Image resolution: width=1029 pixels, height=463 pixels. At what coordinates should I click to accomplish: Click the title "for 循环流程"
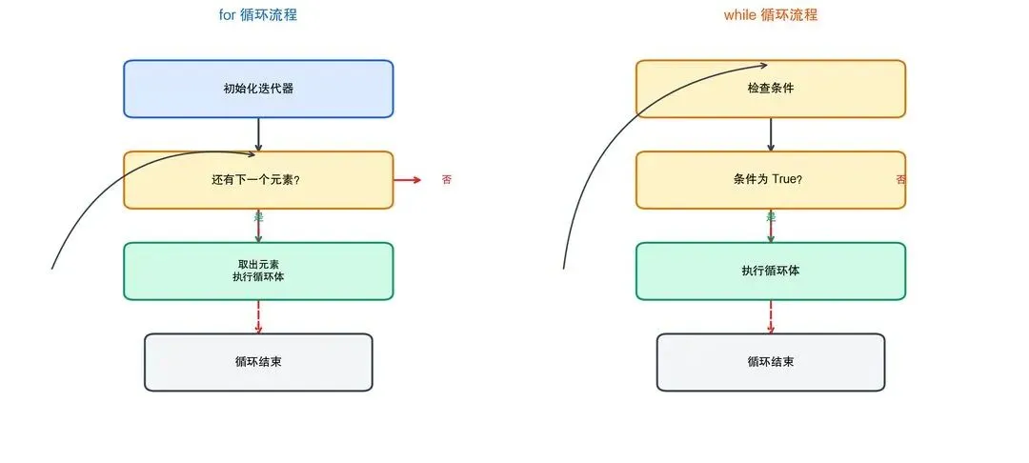pos(258,15)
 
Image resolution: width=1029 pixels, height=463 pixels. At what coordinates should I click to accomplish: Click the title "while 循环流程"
pos(770,15)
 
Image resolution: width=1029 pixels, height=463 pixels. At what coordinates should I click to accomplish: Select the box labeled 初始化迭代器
pos(258,89)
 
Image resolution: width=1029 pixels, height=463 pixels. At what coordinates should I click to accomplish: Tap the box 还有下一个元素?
pos(258,180)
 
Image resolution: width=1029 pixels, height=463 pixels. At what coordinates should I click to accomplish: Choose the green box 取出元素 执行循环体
pos(258,271)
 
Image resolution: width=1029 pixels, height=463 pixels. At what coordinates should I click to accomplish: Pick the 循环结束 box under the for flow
pos(258,362)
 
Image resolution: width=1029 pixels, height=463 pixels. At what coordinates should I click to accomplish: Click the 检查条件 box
pos(771,89)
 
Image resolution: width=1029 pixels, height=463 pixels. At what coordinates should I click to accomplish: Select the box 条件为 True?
pos(771,180)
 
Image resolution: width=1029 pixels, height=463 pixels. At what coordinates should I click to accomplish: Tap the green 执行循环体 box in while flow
pos(771,271)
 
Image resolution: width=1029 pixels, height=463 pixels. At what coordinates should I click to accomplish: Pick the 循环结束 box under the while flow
pos(771,362)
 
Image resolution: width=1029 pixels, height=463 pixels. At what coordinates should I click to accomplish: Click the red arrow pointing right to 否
pos(408,180)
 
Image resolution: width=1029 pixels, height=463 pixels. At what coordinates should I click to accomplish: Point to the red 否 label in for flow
pos(447,180)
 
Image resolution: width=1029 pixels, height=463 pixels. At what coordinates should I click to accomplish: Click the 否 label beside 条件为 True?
pos(900,180)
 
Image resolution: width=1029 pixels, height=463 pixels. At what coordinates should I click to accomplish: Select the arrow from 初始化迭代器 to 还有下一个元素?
pos(258,134)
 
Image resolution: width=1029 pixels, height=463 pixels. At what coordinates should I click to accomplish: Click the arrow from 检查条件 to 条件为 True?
pos(771,134)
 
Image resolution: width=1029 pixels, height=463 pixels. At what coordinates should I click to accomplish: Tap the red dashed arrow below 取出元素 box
pos(258,316)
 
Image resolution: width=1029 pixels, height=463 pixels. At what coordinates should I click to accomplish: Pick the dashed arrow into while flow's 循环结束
pos(771,316)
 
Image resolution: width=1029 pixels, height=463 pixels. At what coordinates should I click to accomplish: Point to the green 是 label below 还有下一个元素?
pos(258,217)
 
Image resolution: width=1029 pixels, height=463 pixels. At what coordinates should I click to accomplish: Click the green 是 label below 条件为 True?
pos(771,217)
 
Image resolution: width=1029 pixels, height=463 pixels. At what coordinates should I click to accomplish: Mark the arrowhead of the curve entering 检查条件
pos(763,65)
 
